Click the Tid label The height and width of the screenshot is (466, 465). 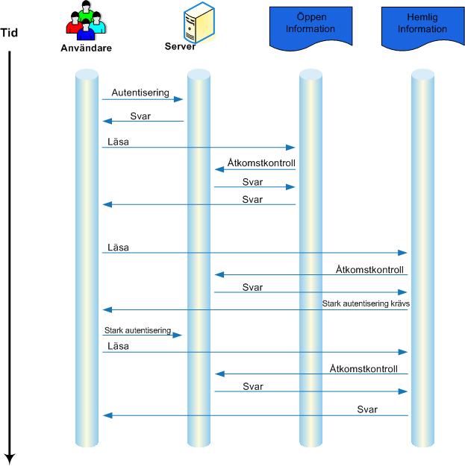click(9, 32)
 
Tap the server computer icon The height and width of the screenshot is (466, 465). click(199, 22)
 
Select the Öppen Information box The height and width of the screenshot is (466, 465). click(311, 28)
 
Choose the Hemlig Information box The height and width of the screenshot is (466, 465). click(422, 28)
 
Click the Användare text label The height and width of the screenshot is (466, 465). click(87, 48)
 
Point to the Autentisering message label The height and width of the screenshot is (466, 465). click(140, 92)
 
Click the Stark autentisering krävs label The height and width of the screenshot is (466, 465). click(366, 303)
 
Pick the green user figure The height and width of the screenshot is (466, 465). click(86, 10)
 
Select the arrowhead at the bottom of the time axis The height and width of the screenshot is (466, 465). click(10, 459)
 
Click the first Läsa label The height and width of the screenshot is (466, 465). click(118, 142)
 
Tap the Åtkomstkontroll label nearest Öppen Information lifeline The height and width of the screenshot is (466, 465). click(261, 163)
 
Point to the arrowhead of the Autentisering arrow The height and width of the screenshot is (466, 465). click(178, 99)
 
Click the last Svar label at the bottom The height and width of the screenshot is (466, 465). click(367, 409)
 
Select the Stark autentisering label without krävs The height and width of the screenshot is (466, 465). click(138, 330)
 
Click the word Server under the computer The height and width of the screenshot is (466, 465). click(180, 46)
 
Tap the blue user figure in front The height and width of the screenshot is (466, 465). click(86, 30)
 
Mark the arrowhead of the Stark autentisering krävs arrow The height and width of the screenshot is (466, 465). click(107, 309)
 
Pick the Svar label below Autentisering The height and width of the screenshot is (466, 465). click(140, 116)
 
